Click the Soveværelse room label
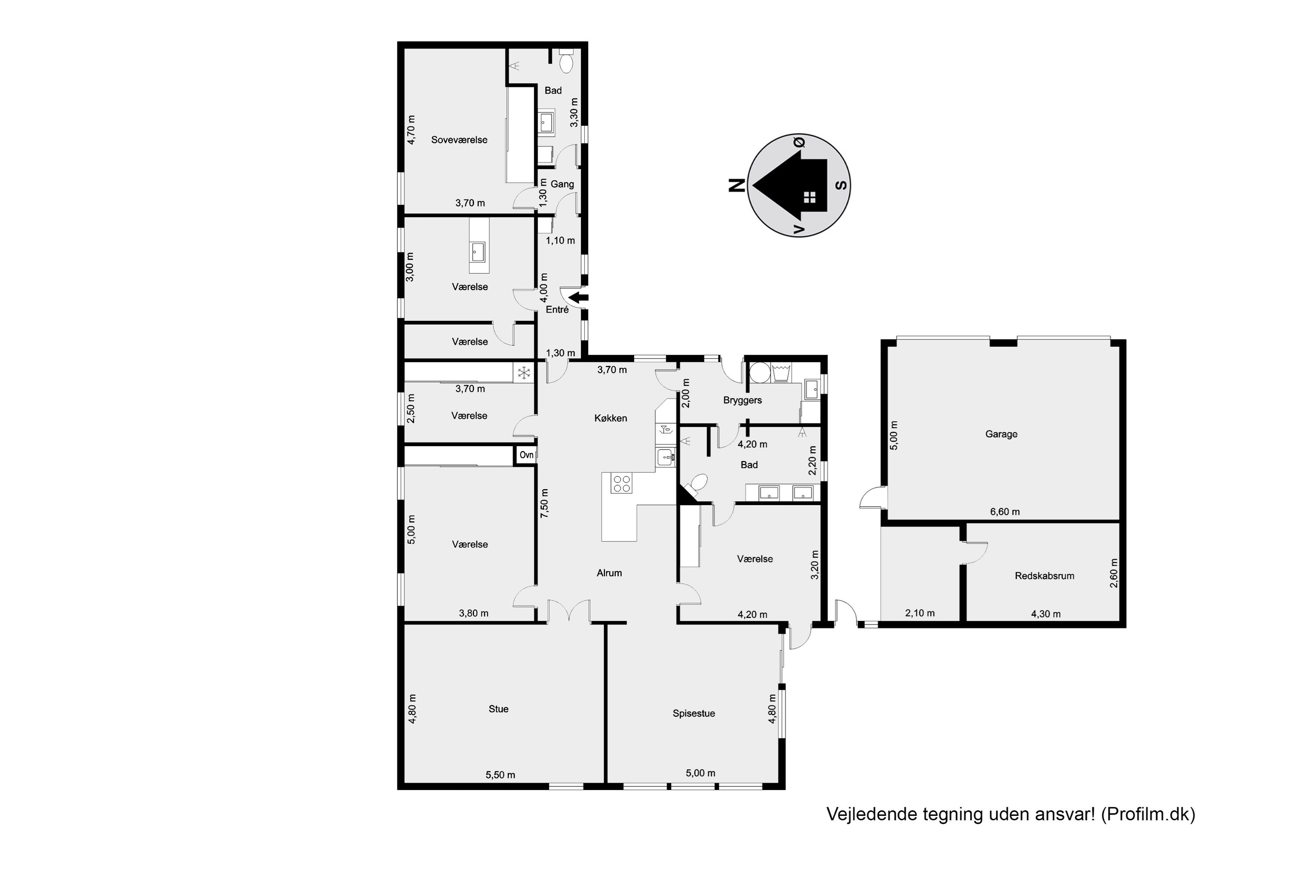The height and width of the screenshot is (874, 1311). pyautogui.click(x=459, y=140)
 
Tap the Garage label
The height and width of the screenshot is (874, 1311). pyautogui.click(x=1001, y=434)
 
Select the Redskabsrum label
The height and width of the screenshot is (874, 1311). pyautogui.click(x=1044, y=576)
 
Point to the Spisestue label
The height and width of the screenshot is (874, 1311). pyautogui.click(x=694, y=714)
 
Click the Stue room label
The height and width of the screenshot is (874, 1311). pyautogui.click(x=498, y=709)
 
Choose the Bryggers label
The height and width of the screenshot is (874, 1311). pyautogui.click(x=742, y=400)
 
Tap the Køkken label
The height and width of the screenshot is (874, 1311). pyautogui.click(x=610, y=418)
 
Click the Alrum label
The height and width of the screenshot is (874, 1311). pyautogui.click(x=609, y=573)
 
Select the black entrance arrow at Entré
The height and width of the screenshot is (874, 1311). pyautogui.click(x=580, y=298)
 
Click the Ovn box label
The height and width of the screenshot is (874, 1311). pyautogui.click(x=526, y=455)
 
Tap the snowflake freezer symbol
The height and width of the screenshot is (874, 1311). pyautogui.click(x=524, y=373)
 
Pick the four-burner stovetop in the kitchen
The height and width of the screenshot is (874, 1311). pyautogui.click(x=621, y=483)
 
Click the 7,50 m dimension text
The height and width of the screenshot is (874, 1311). pyautogui.click(x=545, y=503)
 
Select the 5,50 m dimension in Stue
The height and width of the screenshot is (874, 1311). pyautogui.click(x=500, y=775)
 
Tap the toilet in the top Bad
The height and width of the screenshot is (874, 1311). pyautogui.click(x=566, y=61)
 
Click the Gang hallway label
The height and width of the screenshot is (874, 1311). pyautogui.click(x=562, y=184)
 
